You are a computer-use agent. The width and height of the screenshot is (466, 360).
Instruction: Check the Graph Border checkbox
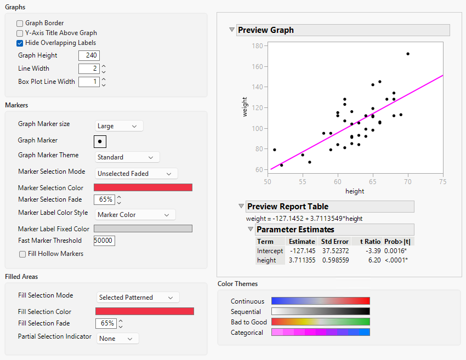[20, 24]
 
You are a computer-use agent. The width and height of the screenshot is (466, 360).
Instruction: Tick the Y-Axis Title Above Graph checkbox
[20, 33]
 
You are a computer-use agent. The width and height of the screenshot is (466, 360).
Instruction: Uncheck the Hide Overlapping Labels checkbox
[20, 43]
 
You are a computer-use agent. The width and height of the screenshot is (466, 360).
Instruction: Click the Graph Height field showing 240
[89, 55]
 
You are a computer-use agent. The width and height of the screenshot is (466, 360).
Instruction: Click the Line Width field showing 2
[88, 68]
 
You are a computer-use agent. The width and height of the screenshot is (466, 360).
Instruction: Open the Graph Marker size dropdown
[119, 126]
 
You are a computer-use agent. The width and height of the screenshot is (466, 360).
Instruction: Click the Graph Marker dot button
[100, 141]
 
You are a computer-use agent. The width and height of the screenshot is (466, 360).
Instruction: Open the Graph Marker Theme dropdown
[127, 157]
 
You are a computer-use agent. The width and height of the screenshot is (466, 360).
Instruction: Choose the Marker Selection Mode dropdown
[137, 174]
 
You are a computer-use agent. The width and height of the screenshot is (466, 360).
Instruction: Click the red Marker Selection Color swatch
[143, 187]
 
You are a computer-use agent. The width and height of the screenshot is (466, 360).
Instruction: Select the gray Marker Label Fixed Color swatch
[143, 228]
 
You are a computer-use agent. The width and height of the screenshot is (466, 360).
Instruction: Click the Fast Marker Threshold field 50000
[104, 241]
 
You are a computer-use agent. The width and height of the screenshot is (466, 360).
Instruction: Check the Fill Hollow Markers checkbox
[22, 254]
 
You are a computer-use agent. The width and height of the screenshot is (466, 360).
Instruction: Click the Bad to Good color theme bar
[321, 322]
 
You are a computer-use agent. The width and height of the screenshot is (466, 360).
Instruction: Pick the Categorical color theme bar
[321, 332]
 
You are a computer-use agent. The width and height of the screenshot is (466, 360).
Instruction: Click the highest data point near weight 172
[408, 54]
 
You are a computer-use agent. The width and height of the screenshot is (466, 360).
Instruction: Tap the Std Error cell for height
[335, 260]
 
